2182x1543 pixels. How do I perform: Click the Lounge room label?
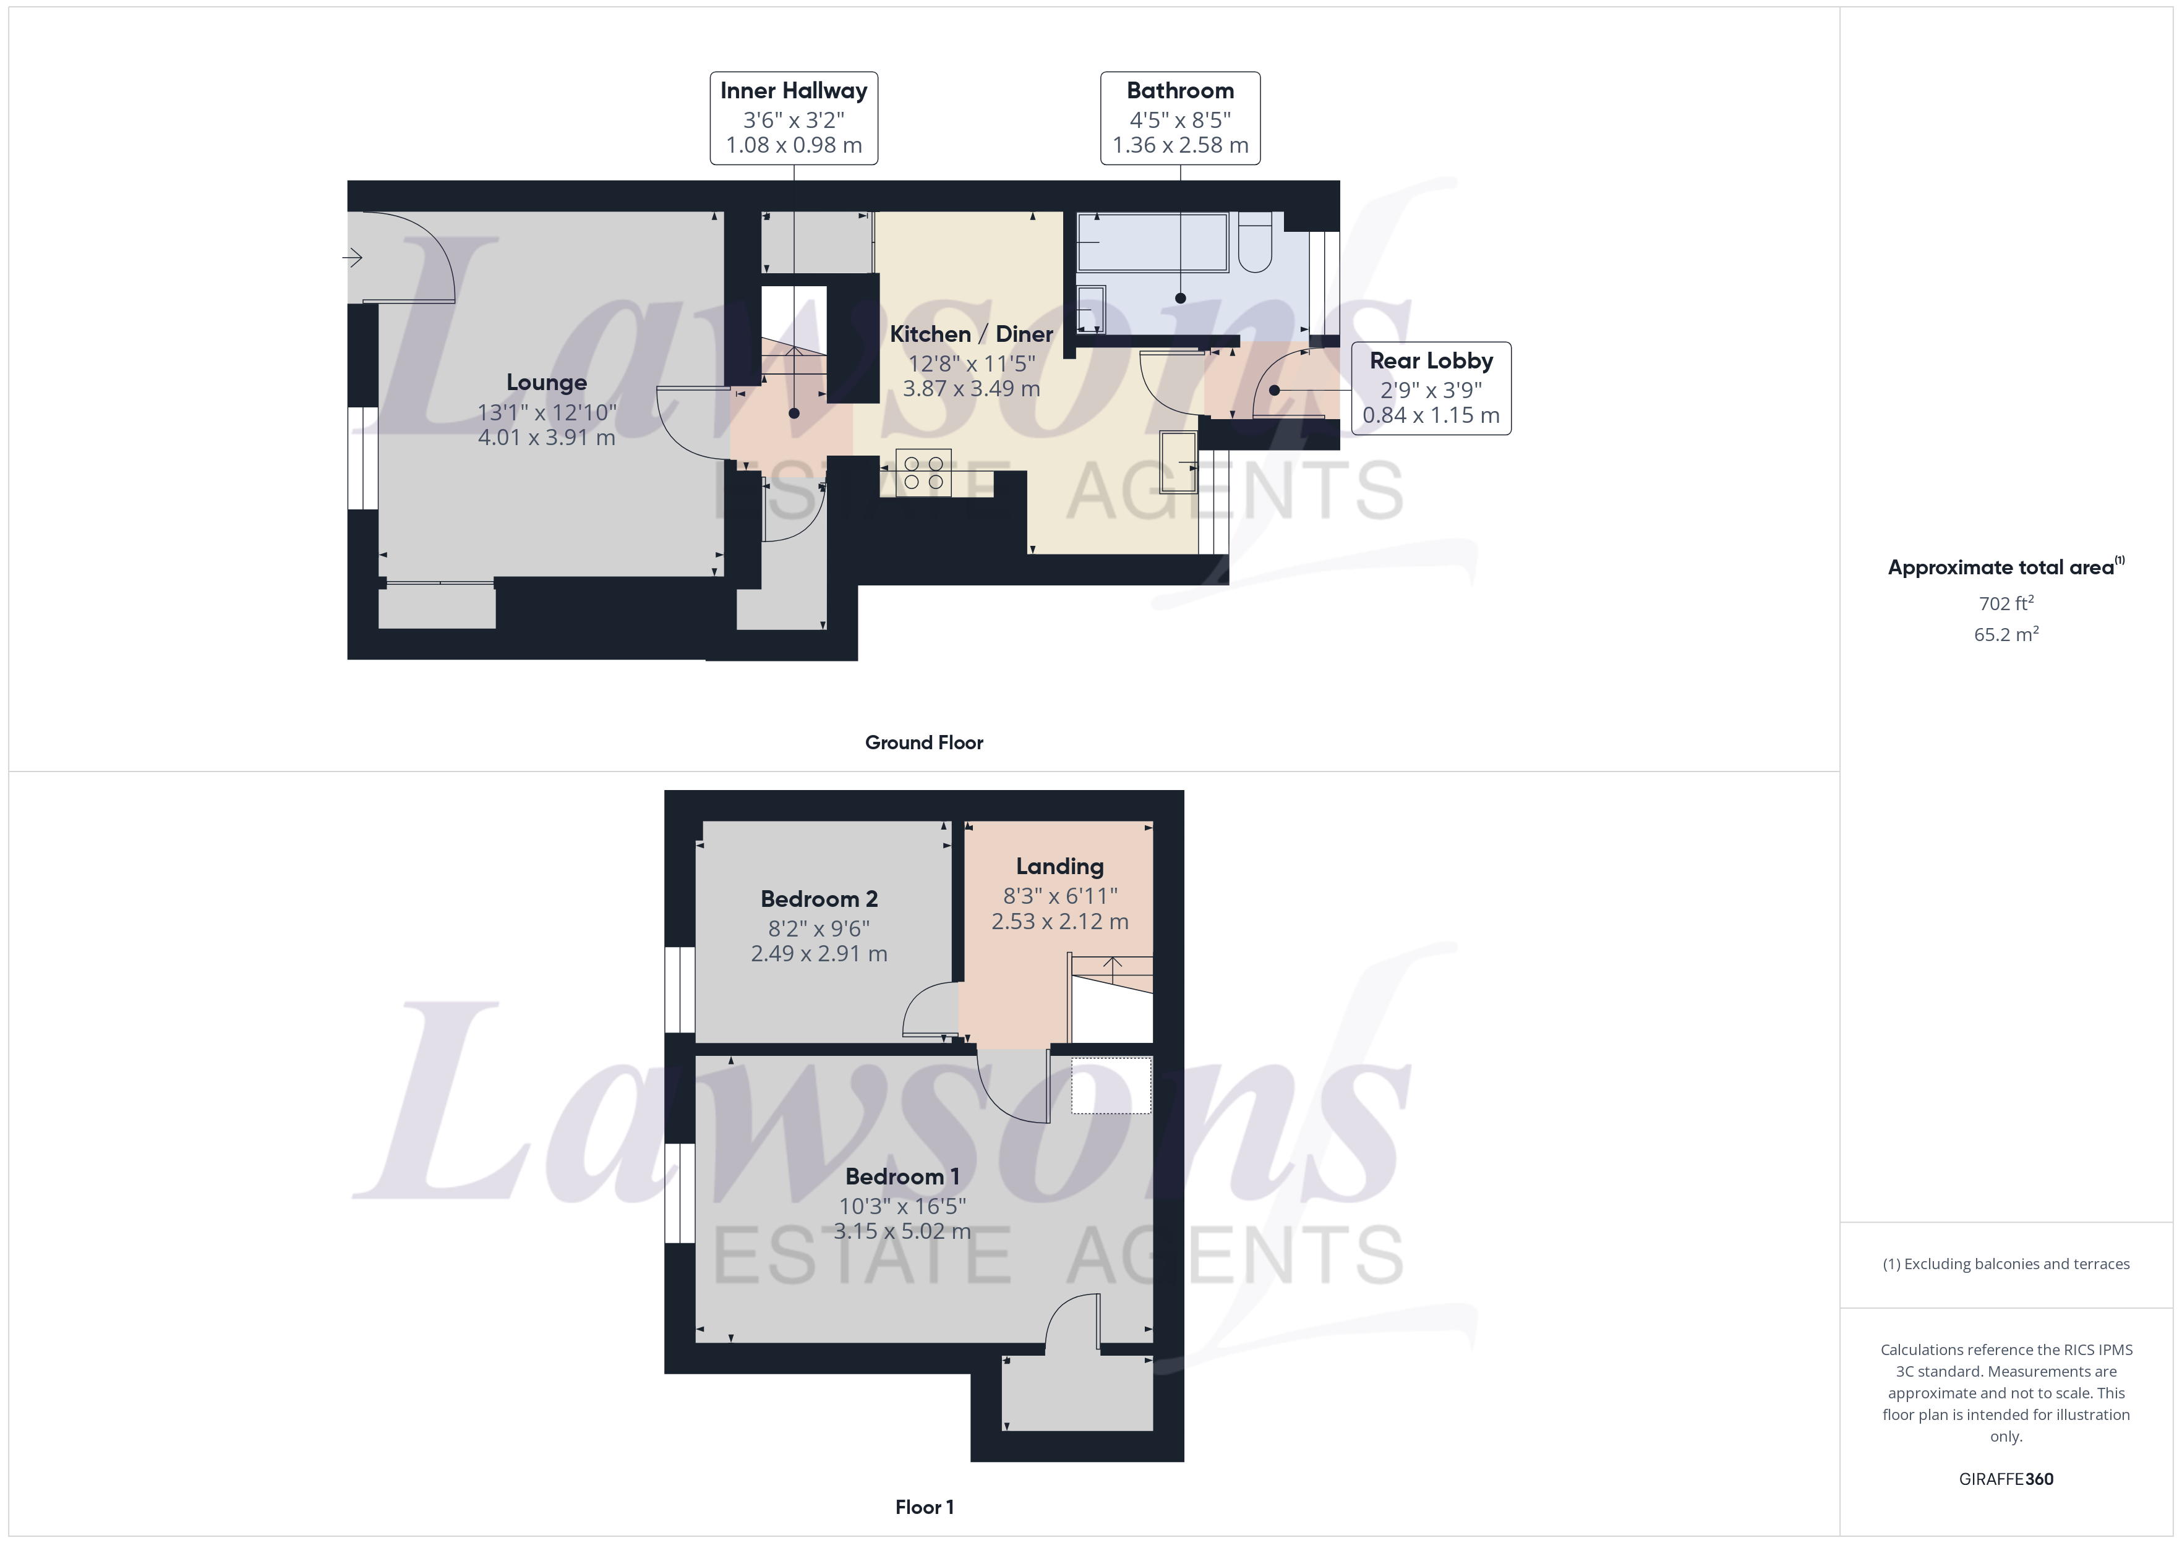click(547, 382)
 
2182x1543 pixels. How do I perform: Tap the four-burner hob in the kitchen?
click(923, 473)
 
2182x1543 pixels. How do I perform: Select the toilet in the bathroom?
click(1254, 243)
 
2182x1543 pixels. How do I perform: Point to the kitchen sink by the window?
click(1178, 462)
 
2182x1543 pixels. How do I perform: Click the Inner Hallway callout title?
click(794, 91)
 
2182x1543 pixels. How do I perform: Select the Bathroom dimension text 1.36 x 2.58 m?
click(1180, 145)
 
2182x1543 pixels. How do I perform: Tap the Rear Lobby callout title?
click(1431, 361)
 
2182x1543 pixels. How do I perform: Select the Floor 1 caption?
click(924, 1507)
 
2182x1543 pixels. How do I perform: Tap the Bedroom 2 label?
click(819, 899)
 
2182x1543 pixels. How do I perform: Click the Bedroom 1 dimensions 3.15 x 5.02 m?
click(902, 1231)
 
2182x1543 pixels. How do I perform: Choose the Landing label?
click(1059, 867)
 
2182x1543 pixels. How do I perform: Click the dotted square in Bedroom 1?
click(1111, 1085)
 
